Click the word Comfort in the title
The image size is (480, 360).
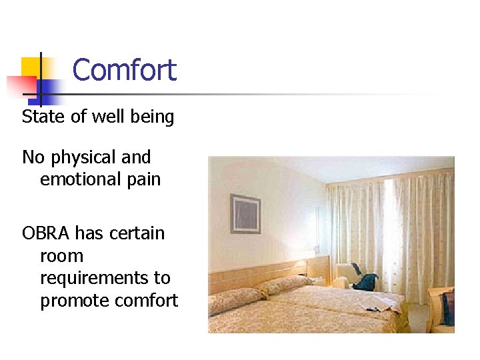pos(124,70)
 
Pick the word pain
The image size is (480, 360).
pos(143,180)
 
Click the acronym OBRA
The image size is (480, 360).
pos(46,233)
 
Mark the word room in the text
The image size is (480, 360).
pos(61,256)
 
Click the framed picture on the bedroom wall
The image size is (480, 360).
pos(245,213)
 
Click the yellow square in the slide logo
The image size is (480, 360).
pos(31,67)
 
